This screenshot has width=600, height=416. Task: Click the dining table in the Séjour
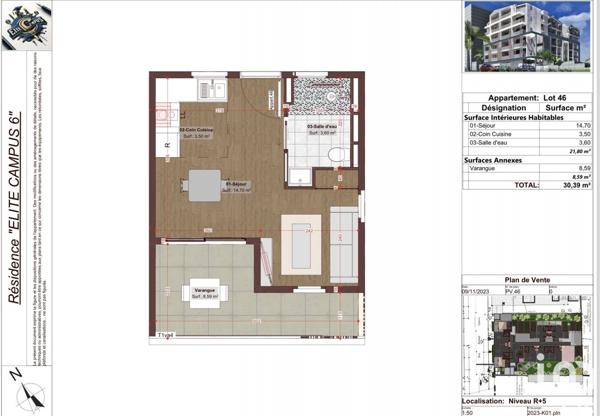205,184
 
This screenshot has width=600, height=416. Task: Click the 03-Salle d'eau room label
320,129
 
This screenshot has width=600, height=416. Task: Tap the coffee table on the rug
301,243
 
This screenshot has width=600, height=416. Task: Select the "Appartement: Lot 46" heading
527,98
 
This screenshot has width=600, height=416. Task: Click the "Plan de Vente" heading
527,282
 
